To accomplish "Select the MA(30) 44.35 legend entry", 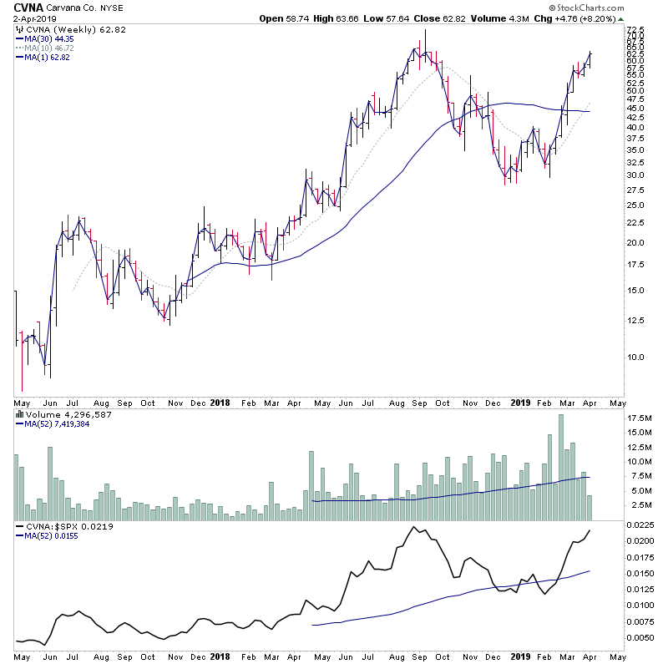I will click(49, 38).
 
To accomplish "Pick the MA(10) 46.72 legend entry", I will click(49, 48).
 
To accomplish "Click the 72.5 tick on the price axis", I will click(637, 31).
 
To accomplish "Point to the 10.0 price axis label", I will click(637, 357).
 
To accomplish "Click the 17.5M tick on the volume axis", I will click(640, 418).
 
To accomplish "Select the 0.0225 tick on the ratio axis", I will click(641, 526).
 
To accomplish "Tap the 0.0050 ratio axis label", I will click(641, 638).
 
